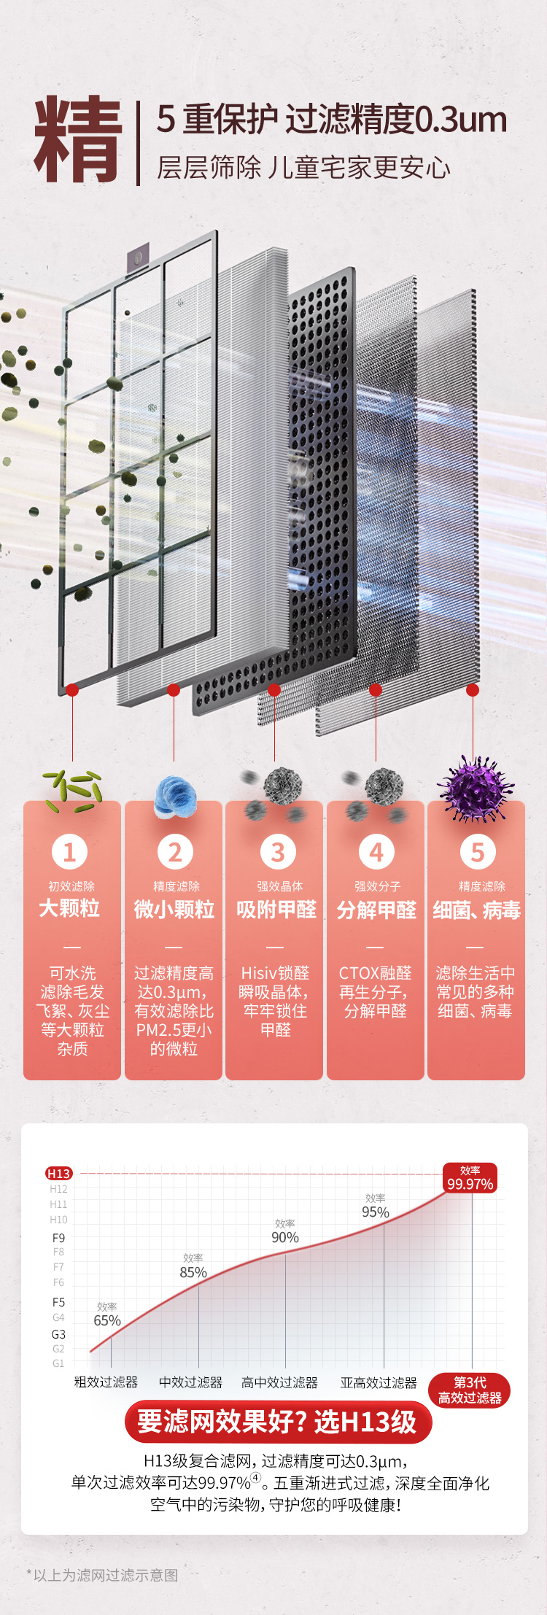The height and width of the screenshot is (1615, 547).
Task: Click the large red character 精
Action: coord(78,140)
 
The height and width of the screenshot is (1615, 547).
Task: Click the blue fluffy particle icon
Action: coord(176,796)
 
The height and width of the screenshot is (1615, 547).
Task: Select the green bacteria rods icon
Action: coord(73,791)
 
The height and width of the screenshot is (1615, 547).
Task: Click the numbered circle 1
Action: coord(70,851)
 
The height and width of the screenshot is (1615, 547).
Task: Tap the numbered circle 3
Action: coord(277,851)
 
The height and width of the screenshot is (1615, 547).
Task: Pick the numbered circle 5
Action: coord(478,851)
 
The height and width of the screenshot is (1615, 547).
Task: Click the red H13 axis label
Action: coord(58,1173)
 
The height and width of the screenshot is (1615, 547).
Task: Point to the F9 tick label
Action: coord(58,1238)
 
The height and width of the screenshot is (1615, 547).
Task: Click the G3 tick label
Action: coord(58,1334)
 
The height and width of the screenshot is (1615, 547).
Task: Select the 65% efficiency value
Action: coord(107,1320)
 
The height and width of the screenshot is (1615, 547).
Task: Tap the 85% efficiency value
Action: coord(193,1272)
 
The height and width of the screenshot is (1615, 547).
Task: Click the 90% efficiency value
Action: coord(285,1237)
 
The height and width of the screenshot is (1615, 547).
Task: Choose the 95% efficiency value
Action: coord(376,1212)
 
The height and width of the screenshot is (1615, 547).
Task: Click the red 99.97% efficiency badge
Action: coord(470,1178)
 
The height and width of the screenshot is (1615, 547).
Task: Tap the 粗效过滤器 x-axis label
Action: coord(106,1382)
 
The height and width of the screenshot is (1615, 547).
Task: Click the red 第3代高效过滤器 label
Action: coord(470,1390)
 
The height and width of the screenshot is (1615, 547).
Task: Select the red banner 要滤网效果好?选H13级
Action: coord(278,1422)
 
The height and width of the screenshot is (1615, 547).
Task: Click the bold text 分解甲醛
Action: coord(376,910)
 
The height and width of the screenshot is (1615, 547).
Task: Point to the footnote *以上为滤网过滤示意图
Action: coord(102,1575)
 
